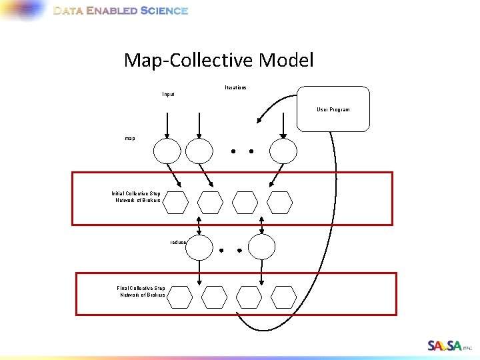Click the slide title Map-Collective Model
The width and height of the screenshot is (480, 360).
pos(218,61)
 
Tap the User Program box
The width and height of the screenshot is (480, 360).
pos(333,109)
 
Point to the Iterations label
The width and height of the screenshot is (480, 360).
pos(235,87)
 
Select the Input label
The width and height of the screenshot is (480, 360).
pos(168,95)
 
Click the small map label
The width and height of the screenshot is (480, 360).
pos(129,139)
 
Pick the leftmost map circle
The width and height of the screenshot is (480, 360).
pos(167,151)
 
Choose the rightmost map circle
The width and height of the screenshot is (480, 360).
pos(282,150)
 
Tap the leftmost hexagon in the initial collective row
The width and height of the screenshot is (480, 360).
pos(176,201)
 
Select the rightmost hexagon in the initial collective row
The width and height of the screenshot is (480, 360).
pos(280,201)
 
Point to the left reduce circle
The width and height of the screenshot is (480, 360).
pos(199,247)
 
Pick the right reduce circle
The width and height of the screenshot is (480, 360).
pos(261,247)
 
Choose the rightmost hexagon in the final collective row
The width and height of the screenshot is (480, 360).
pos(285,297)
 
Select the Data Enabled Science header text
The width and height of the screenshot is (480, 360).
pos(120,11)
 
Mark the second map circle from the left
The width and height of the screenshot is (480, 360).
pos(199,151)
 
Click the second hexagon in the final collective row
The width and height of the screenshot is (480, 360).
pos(215,297)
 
